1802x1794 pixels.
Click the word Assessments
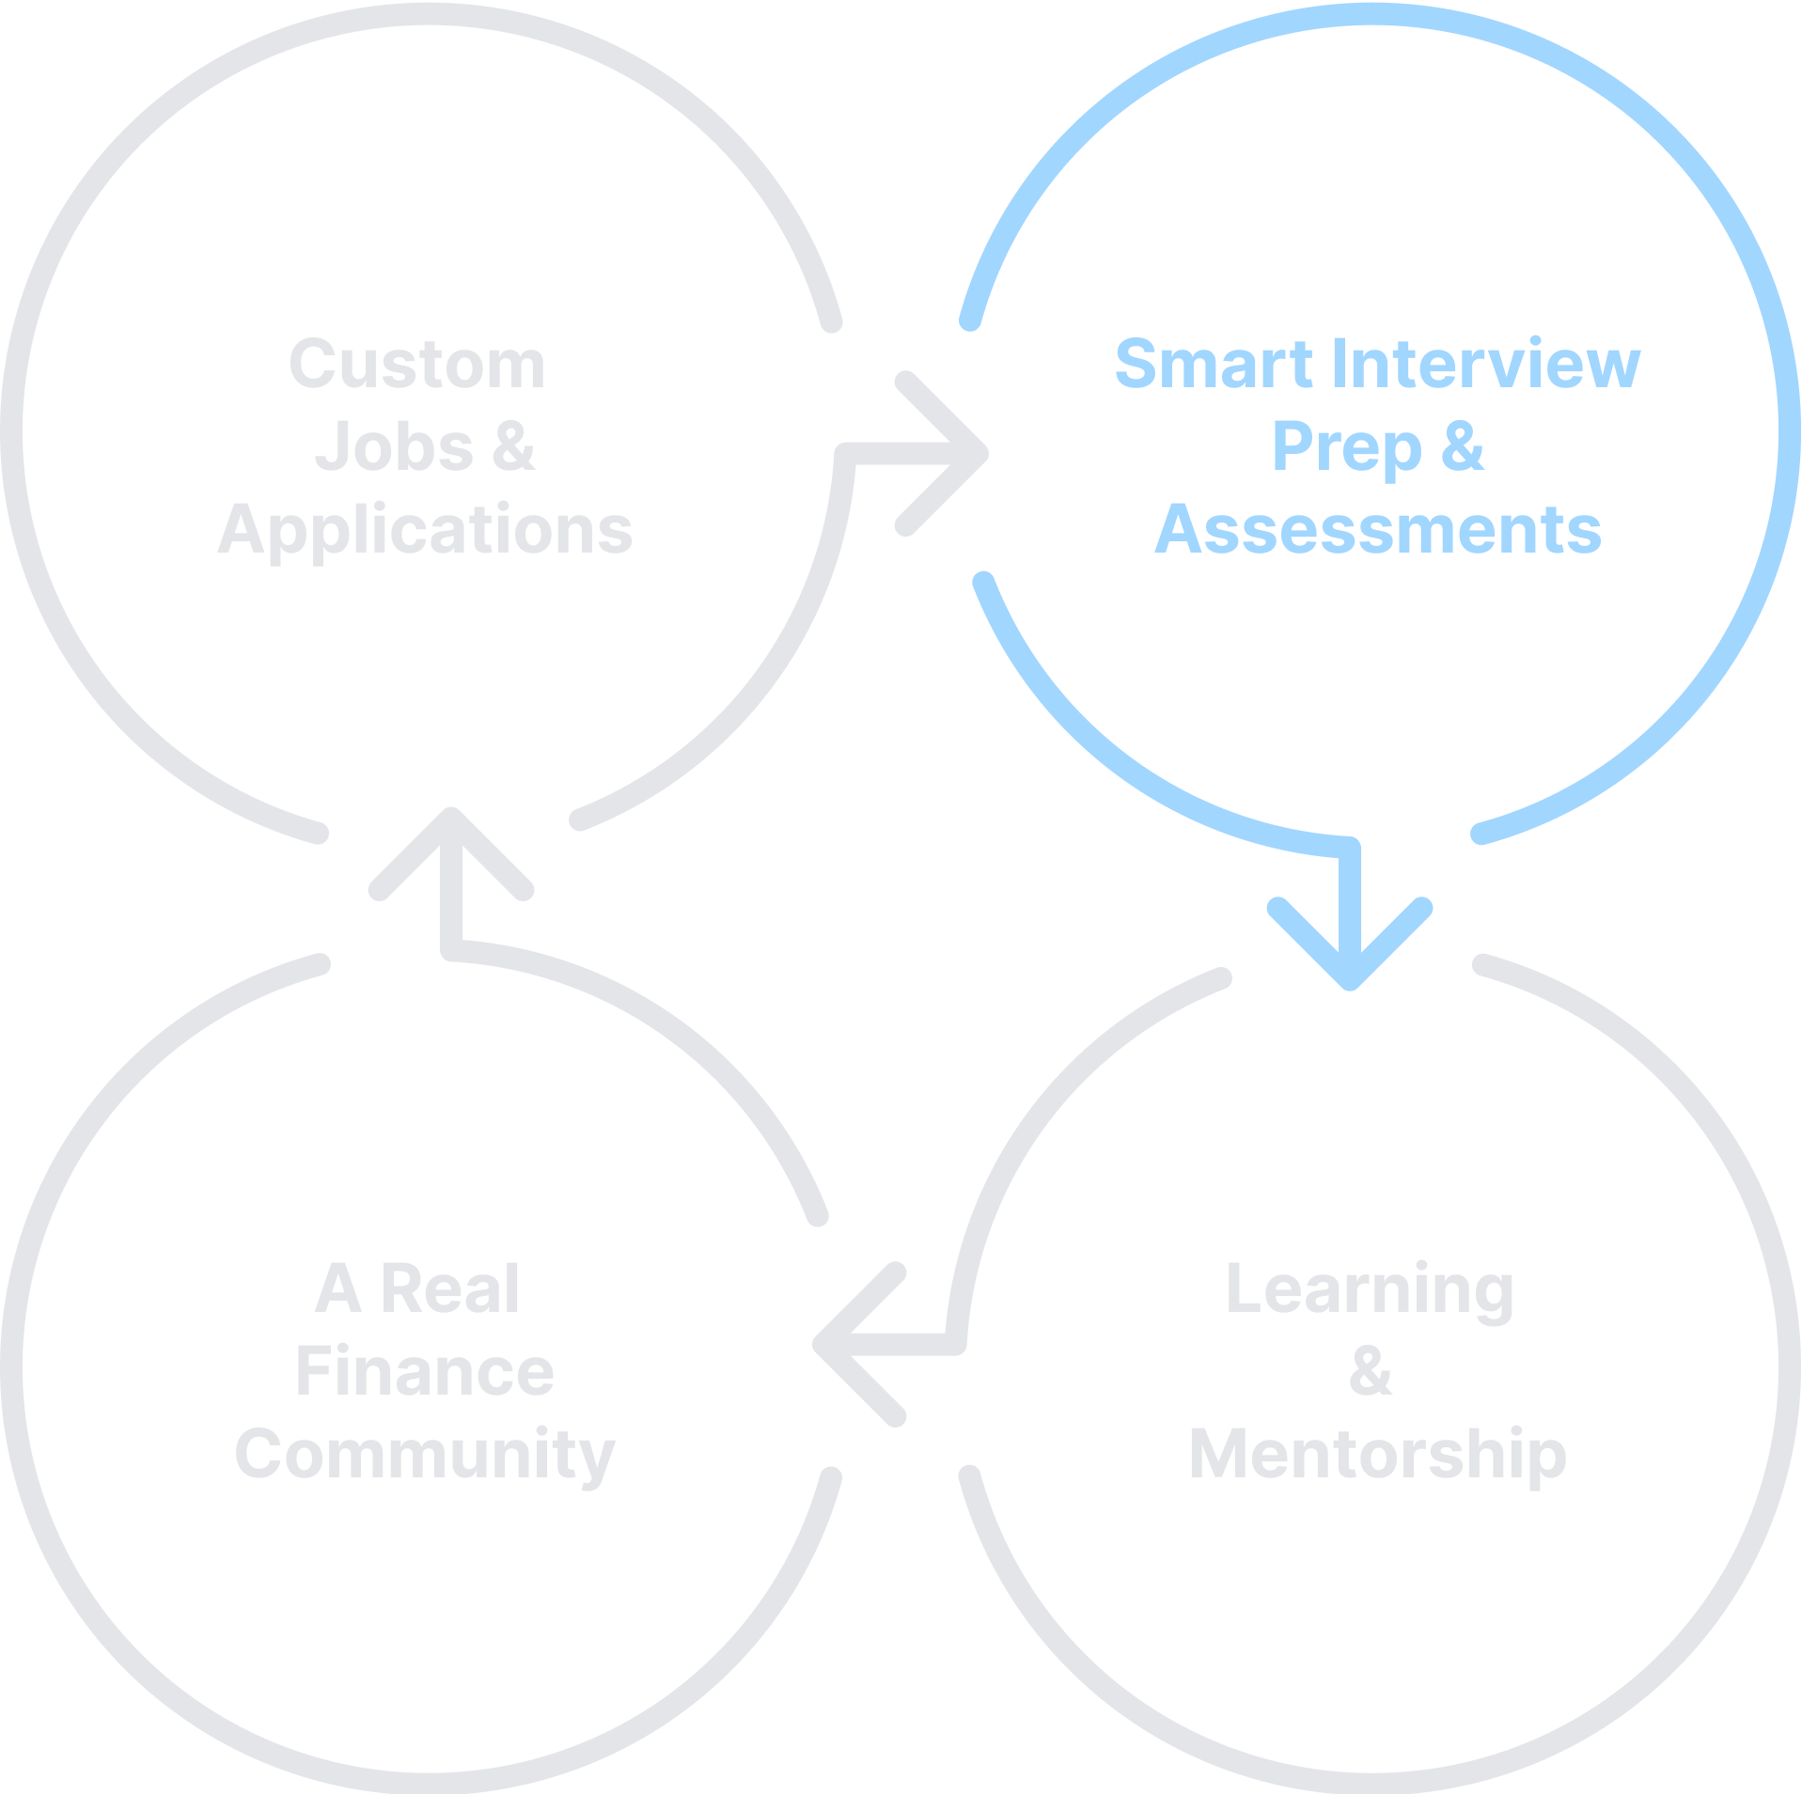pyautogui.click(x=1378, y=529)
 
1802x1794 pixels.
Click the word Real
pyautogui.click(x=449, y=1289)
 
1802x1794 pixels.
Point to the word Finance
pyautogui.click(x=425, y=1372)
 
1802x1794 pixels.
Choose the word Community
pyautogui.click(x=425, y=1454)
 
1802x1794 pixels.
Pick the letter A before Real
pyautogui.click(x=337, y=1289)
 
